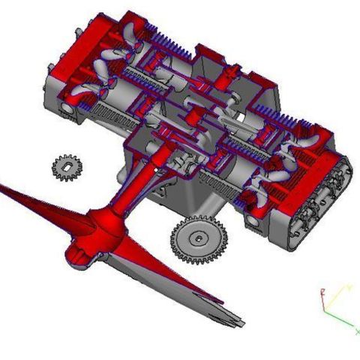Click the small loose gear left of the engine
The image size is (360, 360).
tap(67, 166)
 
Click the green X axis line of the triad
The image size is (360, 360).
tap(341, 322)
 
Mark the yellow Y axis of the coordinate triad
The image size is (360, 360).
tap(337, 296)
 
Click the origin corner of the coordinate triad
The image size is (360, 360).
tap(324, 312)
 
